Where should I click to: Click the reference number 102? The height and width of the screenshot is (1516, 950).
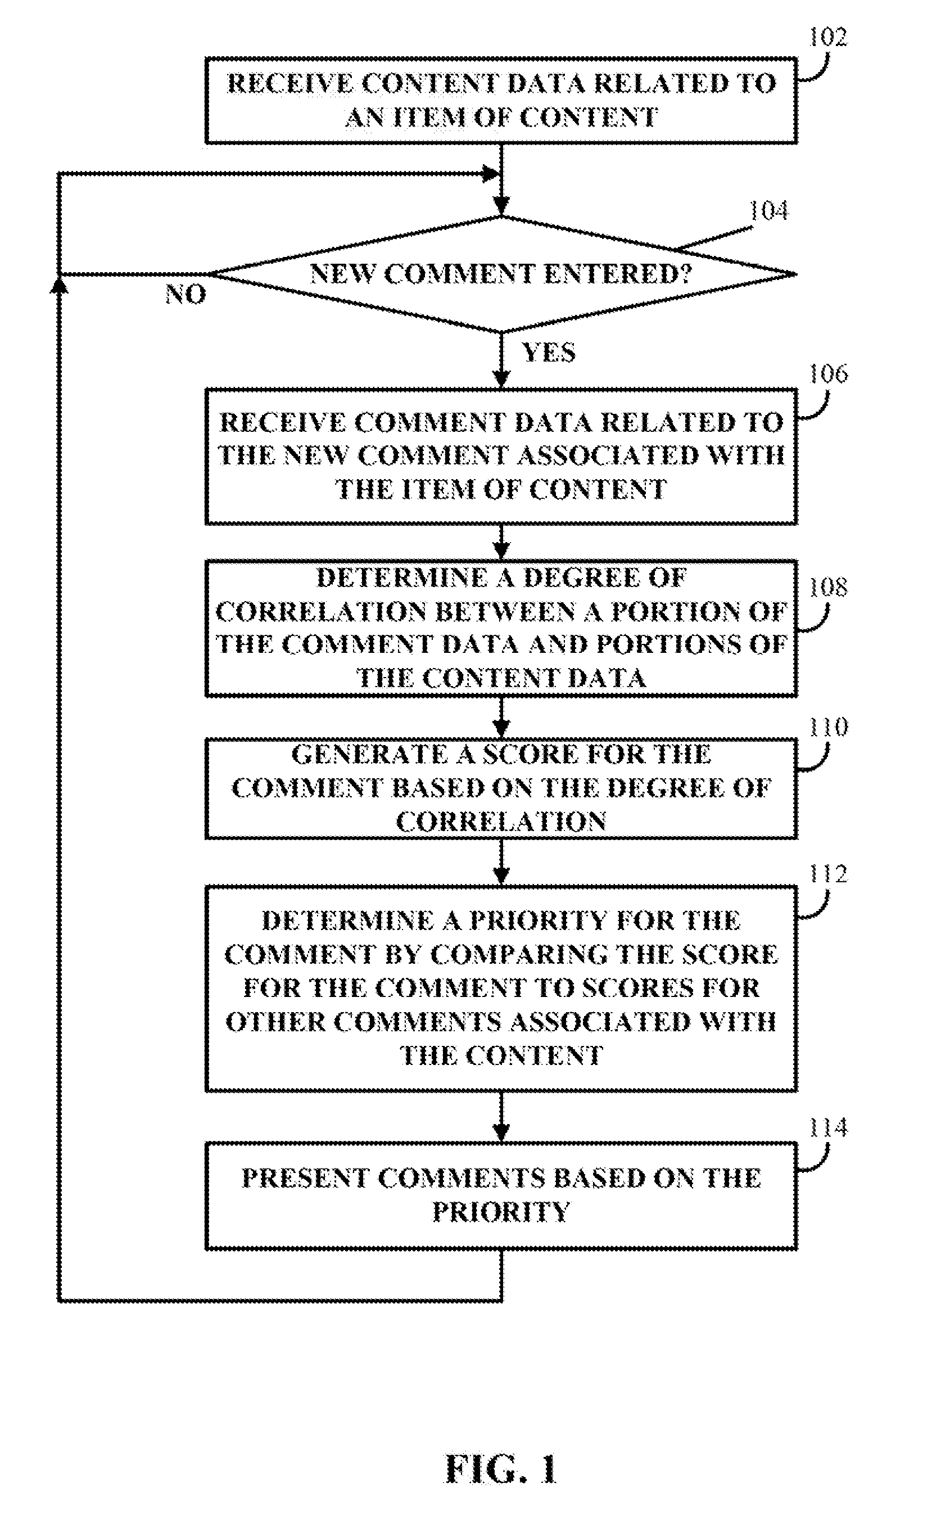[x=827, y=37]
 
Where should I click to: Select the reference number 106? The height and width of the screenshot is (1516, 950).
[x=827, y=374]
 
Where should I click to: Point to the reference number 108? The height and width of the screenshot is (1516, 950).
[x=827, y=587]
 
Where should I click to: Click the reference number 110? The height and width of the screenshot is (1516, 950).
[x=827, y=727]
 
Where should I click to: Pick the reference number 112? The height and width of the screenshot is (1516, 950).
[x=827, y=874]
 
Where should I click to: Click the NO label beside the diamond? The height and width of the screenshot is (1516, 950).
[x=186, y=294]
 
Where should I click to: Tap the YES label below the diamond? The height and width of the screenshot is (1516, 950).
[x=549, y=353]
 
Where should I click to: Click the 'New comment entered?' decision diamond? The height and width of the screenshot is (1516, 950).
[x=501, y=274]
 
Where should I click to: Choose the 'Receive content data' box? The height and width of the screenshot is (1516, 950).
[x=501, y=101]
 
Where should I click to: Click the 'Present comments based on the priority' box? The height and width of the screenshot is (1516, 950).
[x=501, y=1195]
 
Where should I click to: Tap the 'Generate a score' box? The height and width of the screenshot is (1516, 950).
[x=501, y=788]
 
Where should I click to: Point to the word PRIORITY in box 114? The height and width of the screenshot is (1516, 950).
[x=501, y=1212]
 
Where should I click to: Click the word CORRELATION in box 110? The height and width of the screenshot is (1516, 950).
[x=501, y=822]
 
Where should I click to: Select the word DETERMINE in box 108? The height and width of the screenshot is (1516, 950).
[x=401, y=577]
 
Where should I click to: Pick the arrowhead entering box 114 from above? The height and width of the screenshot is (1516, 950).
[x=501, y=1135]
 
